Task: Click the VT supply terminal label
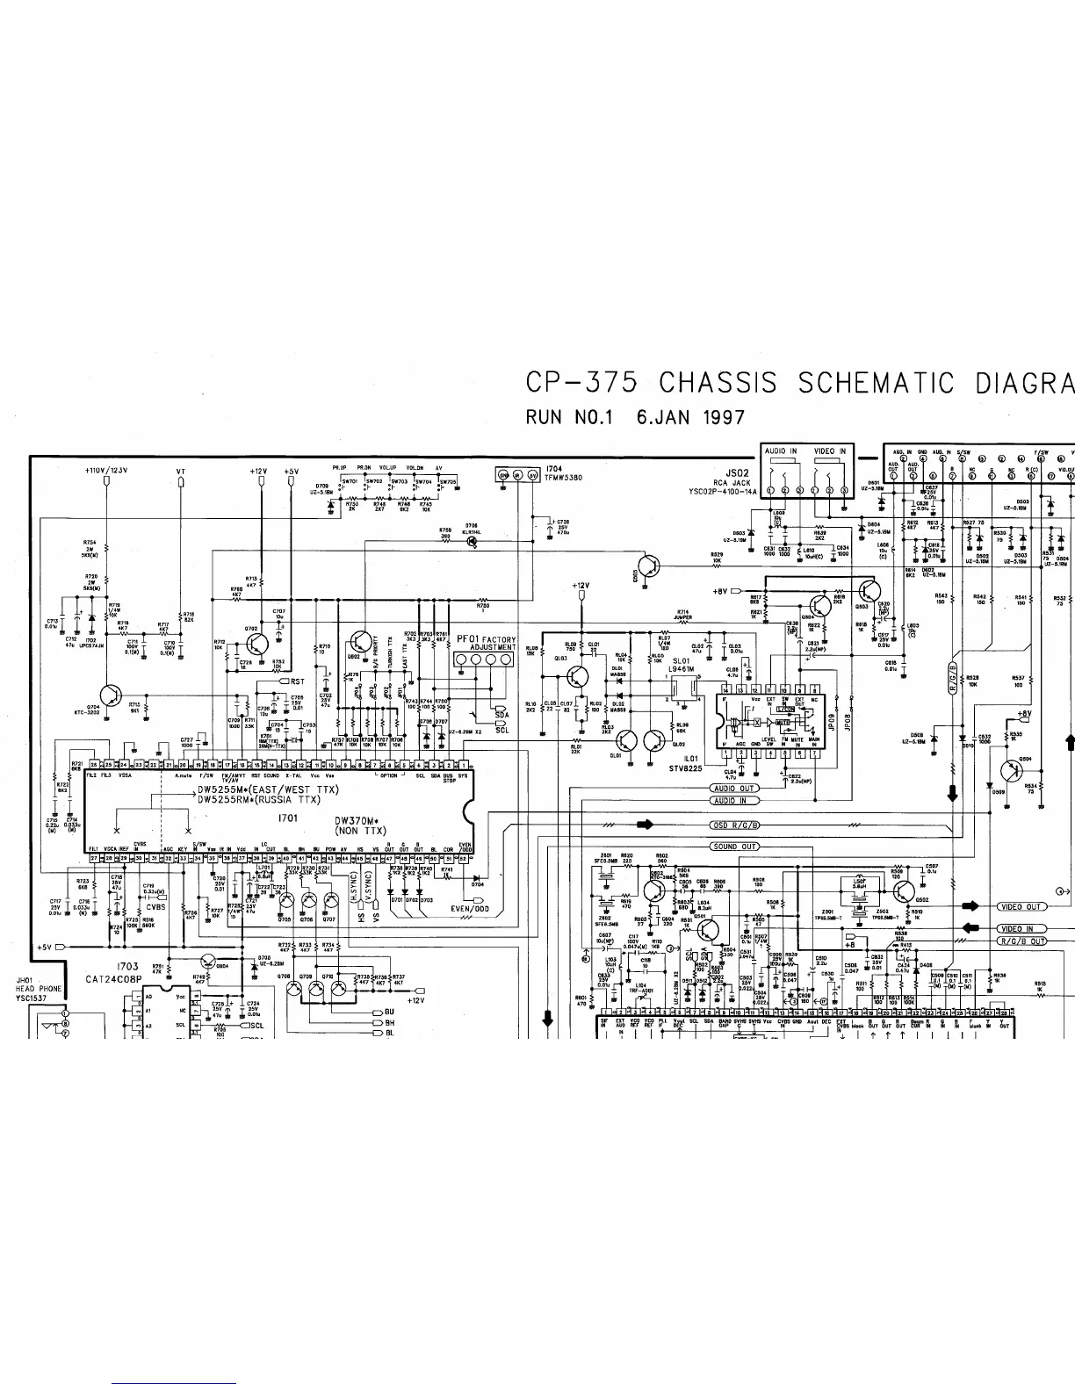(181, 472)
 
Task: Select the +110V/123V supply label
(106, 471)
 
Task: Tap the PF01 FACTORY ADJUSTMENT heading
(486, 645)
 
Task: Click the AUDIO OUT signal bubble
(734, 789)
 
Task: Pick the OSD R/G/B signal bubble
(734, 825)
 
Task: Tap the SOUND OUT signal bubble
(734, 847)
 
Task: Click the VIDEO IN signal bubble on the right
(1021, 928)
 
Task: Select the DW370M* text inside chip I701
(359, 823)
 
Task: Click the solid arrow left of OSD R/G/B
(646, 825)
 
